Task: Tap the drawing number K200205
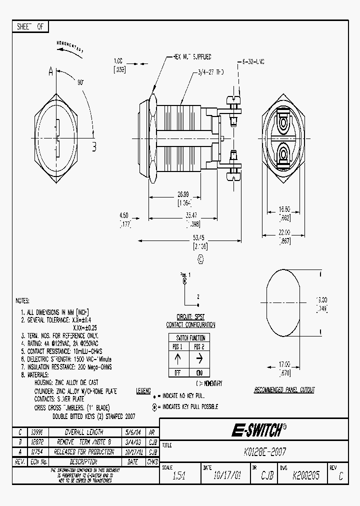[306, 476]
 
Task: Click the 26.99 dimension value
[183, 194]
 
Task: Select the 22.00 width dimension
[284, 233]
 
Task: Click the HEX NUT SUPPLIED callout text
[192, 57]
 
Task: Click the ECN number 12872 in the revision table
[37, 442]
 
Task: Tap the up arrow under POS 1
[178, 358]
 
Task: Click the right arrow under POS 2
[199, 358]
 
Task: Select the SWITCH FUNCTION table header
[187, 337]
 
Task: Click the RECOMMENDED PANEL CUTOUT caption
[284, 390]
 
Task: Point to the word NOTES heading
[22, 301]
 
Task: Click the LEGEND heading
[143, 391]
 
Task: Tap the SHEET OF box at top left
[30, 27]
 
